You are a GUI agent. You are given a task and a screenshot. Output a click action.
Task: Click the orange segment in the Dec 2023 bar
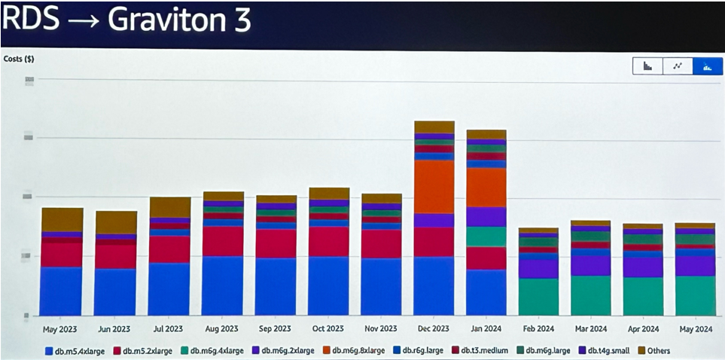click(434, 187)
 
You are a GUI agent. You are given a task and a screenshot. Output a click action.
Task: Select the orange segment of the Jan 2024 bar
click(486, 187)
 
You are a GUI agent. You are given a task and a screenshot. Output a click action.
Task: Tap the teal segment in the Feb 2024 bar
click(538, 297)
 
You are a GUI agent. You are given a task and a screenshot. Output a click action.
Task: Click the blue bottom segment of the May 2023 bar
click(62, 291)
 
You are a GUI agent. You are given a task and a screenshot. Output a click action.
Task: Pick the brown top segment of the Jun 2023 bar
click(116, 221)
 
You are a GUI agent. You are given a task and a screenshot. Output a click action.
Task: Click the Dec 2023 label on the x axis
click(433, 329)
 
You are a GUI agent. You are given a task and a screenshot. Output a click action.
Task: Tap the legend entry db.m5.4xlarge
click(77, 350)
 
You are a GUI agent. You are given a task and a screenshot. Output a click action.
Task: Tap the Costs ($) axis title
click(18, 59)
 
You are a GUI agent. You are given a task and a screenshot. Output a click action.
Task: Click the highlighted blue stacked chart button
click(708, 66)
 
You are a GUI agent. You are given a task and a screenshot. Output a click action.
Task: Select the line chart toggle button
click(678, 66)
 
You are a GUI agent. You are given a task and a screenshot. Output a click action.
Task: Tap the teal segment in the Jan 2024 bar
click(486, 236)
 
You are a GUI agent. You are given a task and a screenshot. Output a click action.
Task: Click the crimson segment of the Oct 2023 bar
click(328, 242)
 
